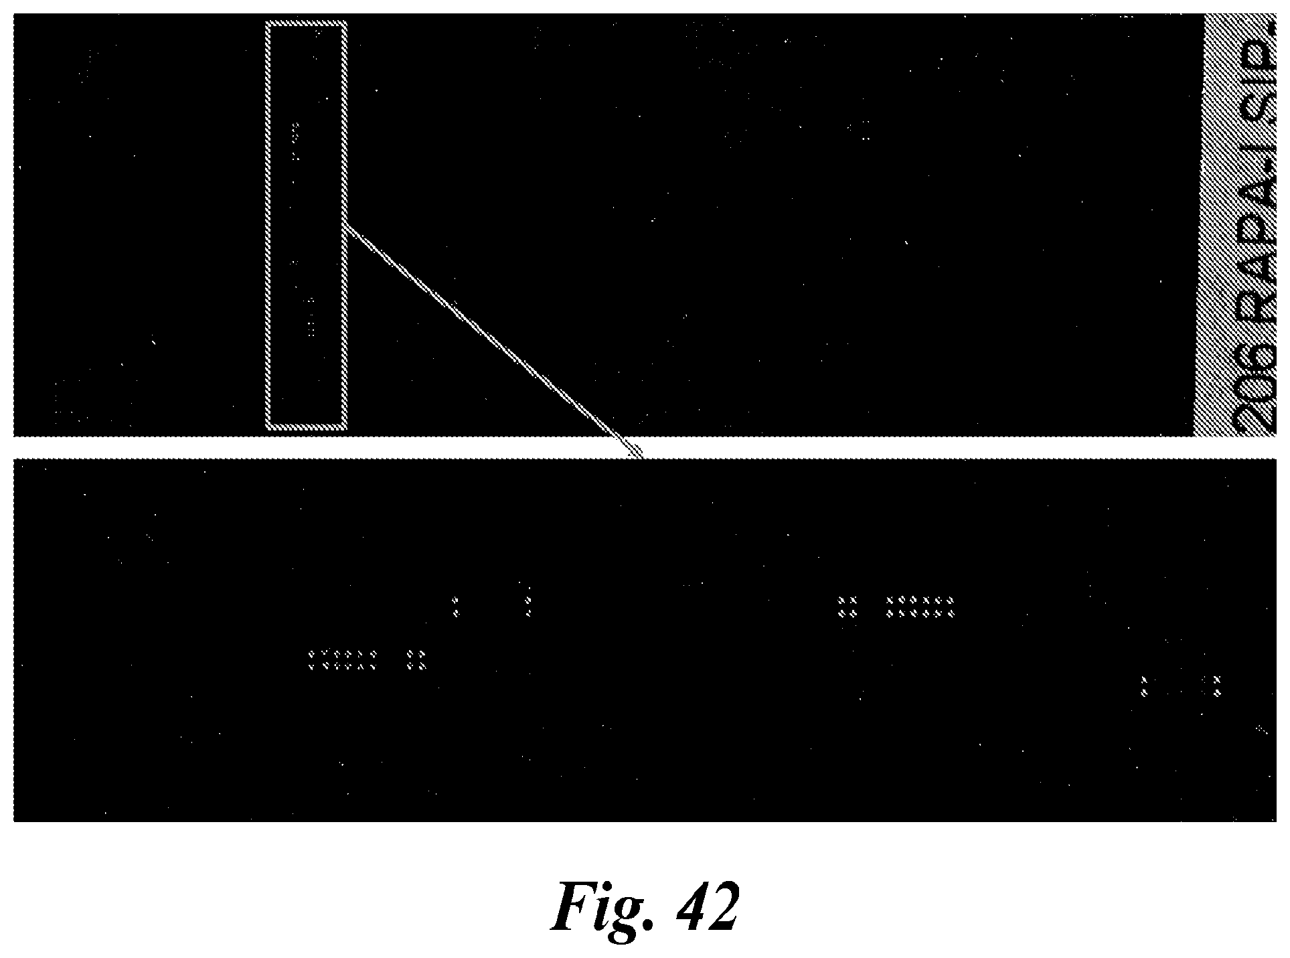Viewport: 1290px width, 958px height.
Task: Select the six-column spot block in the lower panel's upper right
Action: point(920,606)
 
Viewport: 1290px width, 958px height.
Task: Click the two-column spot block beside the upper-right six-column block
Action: point(847,606)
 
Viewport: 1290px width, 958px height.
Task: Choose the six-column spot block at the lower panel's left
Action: point(342,659)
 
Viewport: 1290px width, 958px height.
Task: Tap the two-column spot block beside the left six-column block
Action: point(416,659)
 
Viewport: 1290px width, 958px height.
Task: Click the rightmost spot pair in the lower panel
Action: point(1216,686)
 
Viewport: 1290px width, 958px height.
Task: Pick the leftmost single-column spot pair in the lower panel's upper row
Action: point(456,606)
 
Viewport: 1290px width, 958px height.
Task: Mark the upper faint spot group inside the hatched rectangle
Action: point(295,141)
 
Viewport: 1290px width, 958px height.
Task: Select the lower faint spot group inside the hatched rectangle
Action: point(310,318)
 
